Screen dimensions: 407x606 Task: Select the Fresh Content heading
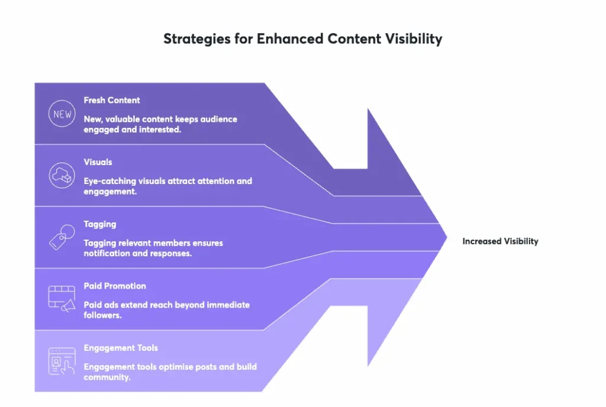112,100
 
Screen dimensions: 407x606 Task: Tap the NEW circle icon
62,114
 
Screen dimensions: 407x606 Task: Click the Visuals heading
98,161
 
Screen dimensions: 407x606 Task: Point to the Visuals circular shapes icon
62,176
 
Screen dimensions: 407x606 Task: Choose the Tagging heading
99,224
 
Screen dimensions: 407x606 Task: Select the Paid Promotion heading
115,286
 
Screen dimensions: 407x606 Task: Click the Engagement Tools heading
121,348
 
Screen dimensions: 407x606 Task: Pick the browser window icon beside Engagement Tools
62,361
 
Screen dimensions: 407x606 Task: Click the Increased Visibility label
500,241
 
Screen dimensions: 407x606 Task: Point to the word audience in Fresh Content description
219,119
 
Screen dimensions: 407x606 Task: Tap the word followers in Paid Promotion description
102,315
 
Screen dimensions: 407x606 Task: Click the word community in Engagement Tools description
107,377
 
